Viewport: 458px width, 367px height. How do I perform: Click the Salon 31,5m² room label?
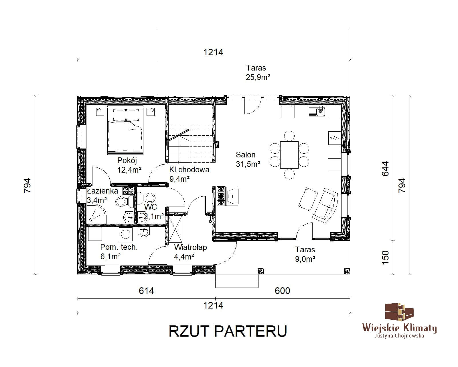248,159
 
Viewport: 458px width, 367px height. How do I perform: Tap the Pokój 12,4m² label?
129,165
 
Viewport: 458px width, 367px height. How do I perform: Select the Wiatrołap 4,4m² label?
190,252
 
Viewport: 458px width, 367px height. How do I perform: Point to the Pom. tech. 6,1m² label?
119,252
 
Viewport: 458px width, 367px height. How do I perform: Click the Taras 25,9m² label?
258,73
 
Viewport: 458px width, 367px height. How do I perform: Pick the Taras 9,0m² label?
305,254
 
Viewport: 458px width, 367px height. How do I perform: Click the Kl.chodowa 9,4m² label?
189,174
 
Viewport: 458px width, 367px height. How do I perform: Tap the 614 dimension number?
146,291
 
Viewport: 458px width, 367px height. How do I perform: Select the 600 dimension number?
282,291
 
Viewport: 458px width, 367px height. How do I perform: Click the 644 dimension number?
385,169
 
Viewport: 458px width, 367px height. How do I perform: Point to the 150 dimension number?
385,257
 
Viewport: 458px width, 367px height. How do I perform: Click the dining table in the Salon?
289,155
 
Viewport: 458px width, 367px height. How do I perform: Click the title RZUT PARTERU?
228,331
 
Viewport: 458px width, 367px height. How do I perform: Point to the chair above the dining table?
289,136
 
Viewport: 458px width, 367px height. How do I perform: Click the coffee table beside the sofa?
308,199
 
